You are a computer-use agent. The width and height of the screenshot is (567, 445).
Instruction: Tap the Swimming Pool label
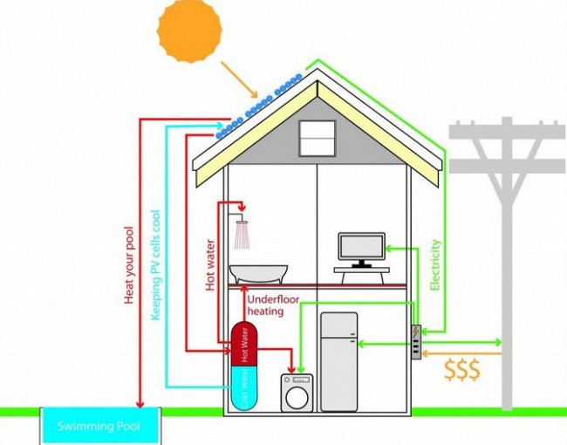tap(99, 427)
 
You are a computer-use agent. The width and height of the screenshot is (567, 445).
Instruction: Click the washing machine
tap(297, 393)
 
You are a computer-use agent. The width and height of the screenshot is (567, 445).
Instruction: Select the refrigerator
tap(338, 361)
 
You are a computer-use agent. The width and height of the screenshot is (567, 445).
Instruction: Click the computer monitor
tap(361, 249)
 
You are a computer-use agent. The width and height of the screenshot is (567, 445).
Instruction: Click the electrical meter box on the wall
tap(418, 339)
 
